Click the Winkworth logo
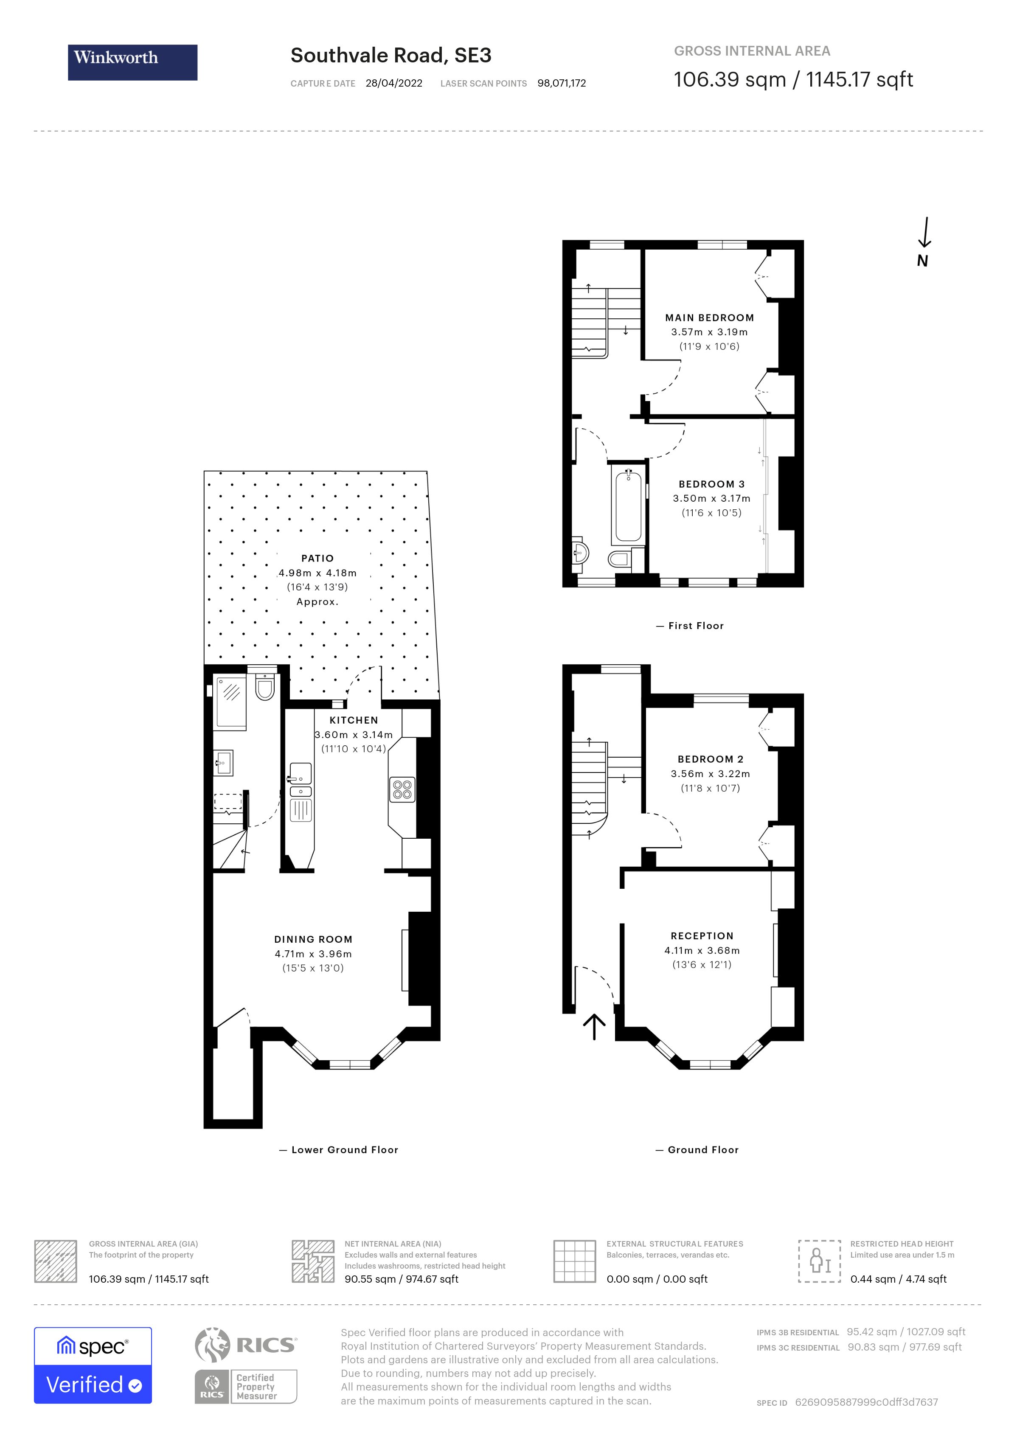click(x=132, y=62)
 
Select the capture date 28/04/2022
click(x=394, y=83)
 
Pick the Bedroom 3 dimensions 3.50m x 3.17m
click(x=711, y=499)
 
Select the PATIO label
click(x=317, y=558)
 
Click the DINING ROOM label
click(x=313, y=939)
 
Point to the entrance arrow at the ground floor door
click(x=594, y=1026)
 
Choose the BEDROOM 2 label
click(x=710, y=759)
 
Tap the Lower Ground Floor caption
click(x=344, y=1150)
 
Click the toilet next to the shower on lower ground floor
click(x=265, y=688)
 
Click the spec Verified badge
click(x=93, y=1365)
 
